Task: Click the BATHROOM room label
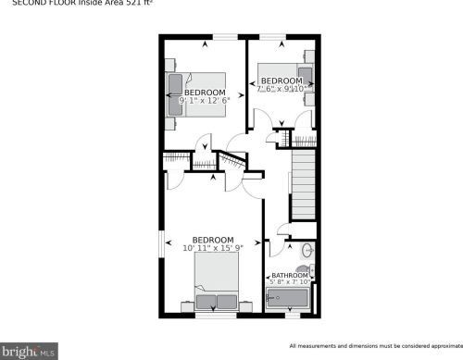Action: coord(290,276)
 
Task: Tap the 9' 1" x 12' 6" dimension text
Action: coord(205,101)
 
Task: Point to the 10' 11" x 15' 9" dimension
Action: coord(213,249)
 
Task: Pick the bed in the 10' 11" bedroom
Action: coord(217,282)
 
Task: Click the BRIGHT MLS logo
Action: coord(30,351)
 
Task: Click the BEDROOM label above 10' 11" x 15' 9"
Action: coord(213,241)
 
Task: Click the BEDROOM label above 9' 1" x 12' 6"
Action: coord(205,93)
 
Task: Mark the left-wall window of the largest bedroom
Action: coord(163,244)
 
